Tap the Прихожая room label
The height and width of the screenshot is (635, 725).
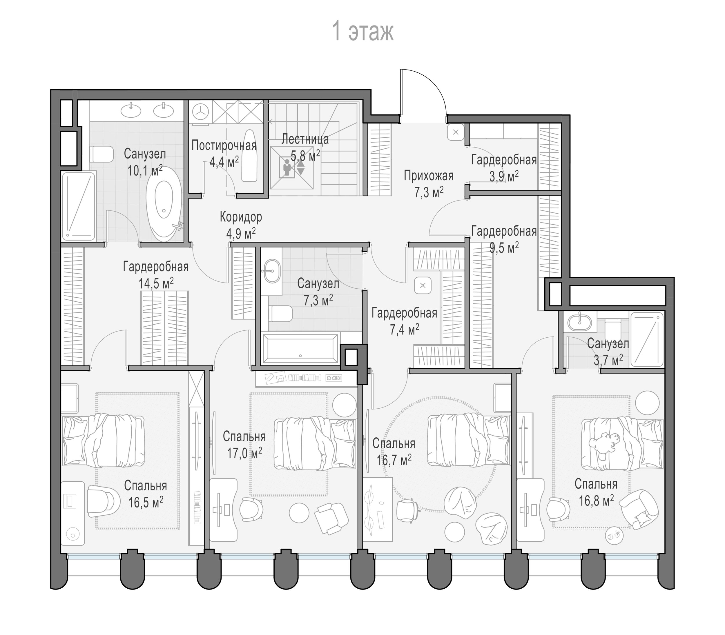click(x=429, y=175)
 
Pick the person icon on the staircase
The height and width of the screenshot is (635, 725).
click(x=287, y=168)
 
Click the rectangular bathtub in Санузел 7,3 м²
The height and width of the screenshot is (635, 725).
click(x=300, y=348)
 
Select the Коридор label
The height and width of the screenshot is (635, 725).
click(x=241, y=217)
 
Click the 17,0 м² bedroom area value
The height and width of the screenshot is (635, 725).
click(x=245, y=453)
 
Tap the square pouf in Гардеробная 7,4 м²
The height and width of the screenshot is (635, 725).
click(x=423, y=285)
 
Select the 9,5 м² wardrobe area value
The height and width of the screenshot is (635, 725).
click(x=504, y=247)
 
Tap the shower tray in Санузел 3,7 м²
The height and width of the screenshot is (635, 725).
click(x=647, y=339)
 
